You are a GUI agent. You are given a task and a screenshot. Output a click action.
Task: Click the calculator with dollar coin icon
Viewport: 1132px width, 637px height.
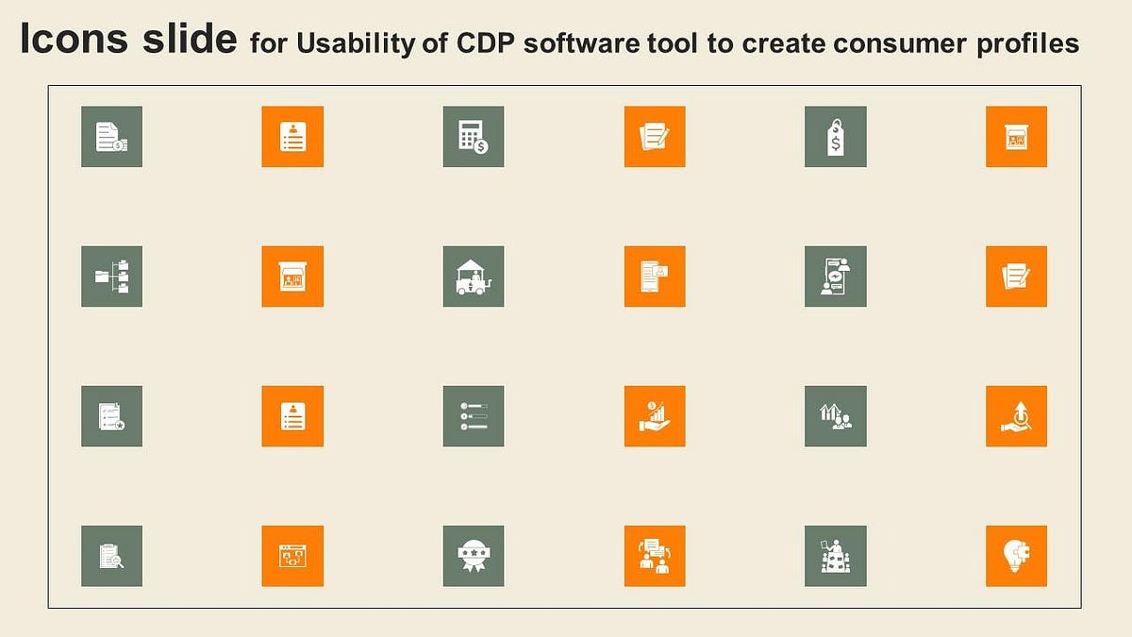tap(474, 137)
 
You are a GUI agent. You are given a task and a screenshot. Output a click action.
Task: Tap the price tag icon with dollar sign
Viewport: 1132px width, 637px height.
tap(836, 137)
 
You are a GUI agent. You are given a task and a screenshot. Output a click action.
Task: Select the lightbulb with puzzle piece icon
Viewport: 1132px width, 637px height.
tap(1017, 556)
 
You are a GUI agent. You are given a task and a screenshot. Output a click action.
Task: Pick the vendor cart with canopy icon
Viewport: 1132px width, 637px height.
tap(474, 277)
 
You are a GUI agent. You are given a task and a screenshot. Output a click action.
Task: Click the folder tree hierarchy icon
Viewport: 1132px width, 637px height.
tap(111, 277)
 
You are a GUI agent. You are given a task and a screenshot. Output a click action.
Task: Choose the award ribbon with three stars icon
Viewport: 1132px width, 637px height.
tap(474, 556)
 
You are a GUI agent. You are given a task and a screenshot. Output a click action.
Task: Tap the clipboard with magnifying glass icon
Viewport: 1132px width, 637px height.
tap(111, 556)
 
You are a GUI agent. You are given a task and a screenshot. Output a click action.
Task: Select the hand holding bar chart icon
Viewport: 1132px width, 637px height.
tap(655, 416)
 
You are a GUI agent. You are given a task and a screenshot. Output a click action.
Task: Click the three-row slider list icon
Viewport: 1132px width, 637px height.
tap(474, 416)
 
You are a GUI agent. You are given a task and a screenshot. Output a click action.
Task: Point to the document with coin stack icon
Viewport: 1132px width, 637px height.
tap(111, 137)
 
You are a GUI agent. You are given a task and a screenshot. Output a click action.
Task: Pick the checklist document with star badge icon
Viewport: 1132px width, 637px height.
tap(111, 416)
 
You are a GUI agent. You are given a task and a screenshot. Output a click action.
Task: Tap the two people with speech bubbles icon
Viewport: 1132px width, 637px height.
tap(655, 556)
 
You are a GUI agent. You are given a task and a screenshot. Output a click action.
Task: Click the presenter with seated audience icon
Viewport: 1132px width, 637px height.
tap(836, 556)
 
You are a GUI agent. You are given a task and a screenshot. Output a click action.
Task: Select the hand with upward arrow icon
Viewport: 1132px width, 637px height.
tap(1017, 416)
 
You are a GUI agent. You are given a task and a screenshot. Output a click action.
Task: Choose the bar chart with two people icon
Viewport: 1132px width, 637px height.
tap(836, 416)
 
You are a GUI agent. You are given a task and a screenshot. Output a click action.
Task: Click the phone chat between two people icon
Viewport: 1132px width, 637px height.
tap(836, 277)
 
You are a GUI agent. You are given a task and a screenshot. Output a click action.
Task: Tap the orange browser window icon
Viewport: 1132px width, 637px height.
tap(292, 556)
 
